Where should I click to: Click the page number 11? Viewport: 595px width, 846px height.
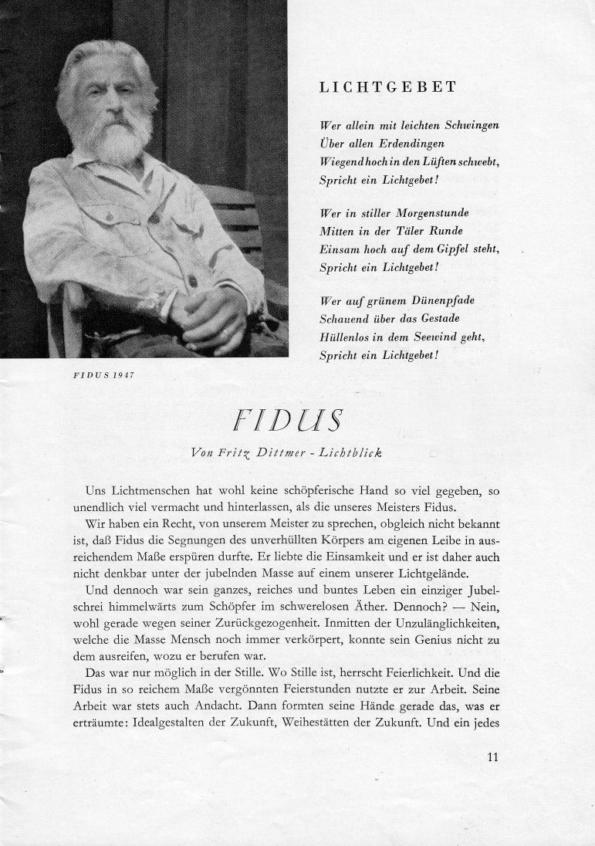493,756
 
